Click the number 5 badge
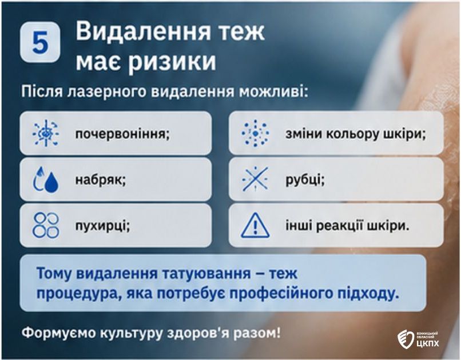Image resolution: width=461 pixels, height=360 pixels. tap(40, 42)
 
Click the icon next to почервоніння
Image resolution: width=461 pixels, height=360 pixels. tap(46, 133)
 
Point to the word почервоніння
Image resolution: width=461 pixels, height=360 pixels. tap(122, 134)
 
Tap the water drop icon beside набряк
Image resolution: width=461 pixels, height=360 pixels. tap(46, 179)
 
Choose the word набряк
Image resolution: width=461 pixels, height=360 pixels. tap(101, 179)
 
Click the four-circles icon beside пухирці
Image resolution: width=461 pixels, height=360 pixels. tap(46, 225)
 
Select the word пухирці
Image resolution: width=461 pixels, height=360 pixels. tap(102, 226)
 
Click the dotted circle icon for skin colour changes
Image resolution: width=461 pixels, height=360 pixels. tap(255, 133)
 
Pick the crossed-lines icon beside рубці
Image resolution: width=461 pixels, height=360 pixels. tap(255, 179)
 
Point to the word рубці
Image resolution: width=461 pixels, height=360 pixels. tap(305, 179)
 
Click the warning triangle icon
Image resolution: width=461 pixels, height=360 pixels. tap(255, 226)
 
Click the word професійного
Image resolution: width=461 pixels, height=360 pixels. tap(296, 294)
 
